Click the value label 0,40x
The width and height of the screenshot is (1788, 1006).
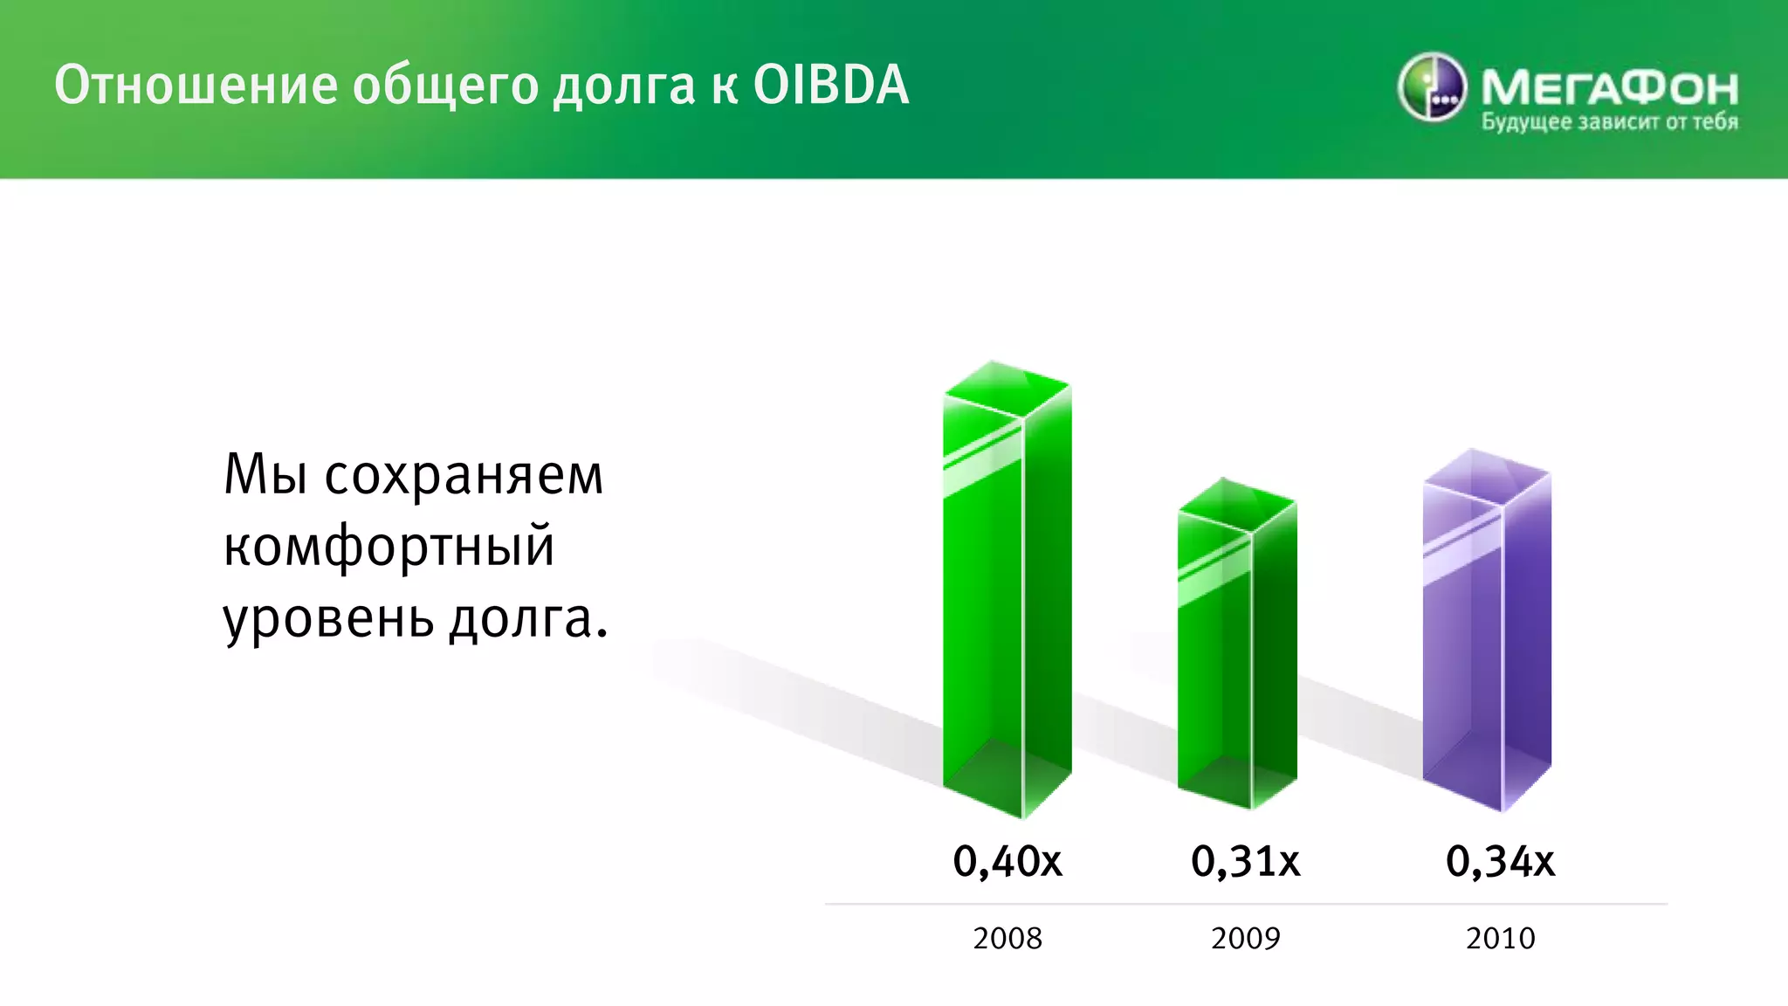(x=1007, y=861)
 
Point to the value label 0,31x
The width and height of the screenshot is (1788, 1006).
(x=1245, y=861)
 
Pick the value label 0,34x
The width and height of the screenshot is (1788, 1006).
(x=1500, y=861)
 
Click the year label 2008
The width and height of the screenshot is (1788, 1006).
(x=1007, y=938)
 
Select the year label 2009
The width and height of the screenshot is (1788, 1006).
(x=1245, y=938)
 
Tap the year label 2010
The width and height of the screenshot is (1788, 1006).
(x=1500, y=938)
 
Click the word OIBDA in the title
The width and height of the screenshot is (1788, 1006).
(x=830, y=85)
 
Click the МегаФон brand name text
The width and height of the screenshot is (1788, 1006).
(x=1609, y=87)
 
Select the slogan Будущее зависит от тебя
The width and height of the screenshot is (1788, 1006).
(x=1609, y=122)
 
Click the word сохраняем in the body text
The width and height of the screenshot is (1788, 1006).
(x=464, y=477)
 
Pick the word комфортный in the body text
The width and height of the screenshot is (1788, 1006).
(x=389, y=548)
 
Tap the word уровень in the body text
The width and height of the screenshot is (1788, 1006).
(x=328, y=620)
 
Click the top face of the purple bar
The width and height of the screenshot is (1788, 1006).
(x=1487, y=477)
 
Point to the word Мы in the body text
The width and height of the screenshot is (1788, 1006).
(x=265, y=475)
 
